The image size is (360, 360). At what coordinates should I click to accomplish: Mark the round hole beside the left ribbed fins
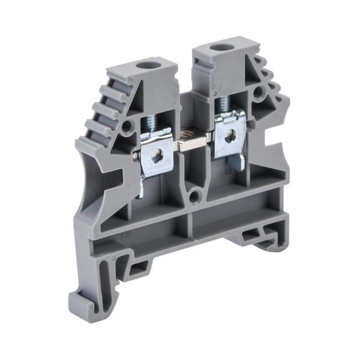click(127, 127)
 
